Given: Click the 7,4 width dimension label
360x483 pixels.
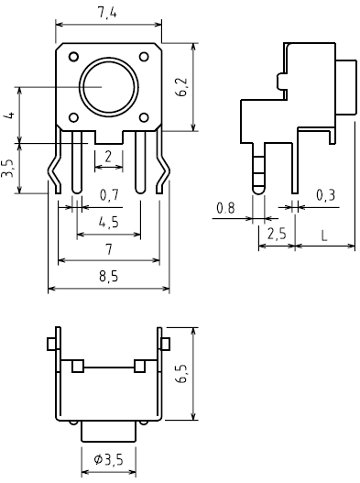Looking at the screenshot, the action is point(107,13).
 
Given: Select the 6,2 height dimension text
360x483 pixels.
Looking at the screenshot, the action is point(182,86).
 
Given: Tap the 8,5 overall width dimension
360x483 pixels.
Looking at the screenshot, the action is point(109,276).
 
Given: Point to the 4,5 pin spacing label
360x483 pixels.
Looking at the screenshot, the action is point(109,222).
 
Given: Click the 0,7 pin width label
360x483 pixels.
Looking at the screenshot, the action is point(109,195).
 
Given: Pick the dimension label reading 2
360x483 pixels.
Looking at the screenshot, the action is point(108,157).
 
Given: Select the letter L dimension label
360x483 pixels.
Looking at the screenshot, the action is point(324,236).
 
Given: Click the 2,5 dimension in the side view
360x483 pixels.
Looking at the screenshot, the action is point(277,234).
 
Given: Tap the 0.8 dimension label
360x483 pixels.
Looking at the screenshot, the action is point(225,208).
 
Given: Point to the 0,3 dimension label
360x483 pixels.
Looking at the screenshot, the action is point(326,195).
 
